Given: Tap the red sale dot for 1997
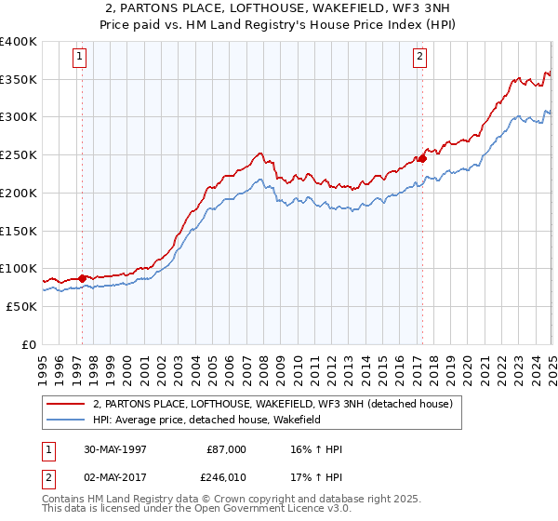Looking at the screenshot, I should point(83,277).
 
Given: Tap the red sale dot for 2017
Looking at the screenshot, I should point(421,158).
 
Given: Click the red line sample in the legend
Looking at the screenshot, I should point(65,404).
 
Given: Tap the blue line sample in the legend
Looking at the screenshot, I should point(65,421).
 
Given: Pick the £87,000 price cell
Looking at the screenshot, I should point(226,449).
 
